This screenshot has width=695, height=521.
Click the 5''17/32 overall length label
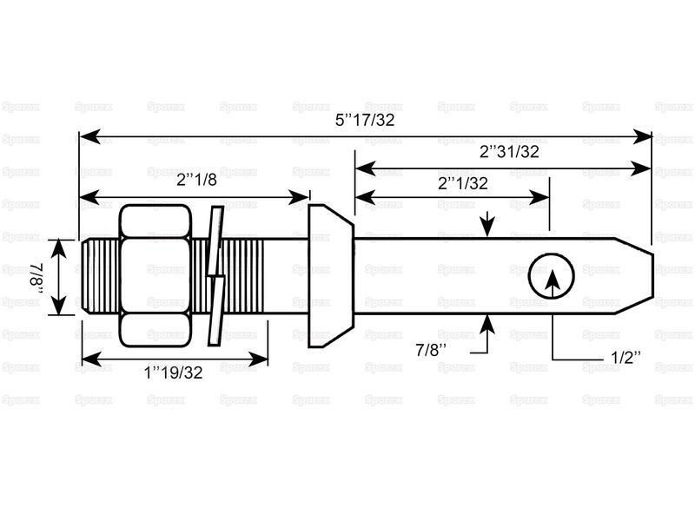click(x=365, y=120)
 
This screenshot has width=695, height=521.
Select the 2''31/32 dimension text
click(x=509, y=151)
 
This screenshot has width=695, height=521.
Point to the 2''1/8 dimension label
click(x=196, y=181)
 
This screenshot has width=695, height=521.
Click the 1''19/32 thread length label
click(x=172, y=373)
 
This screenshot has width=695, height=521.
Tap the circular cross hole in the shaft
click(x=552, y=277)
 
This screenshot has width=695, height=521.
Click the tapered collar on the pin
click(x=330, y=275)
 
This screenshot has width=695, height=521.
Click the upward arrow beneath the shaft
click(x=486, y=324)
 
